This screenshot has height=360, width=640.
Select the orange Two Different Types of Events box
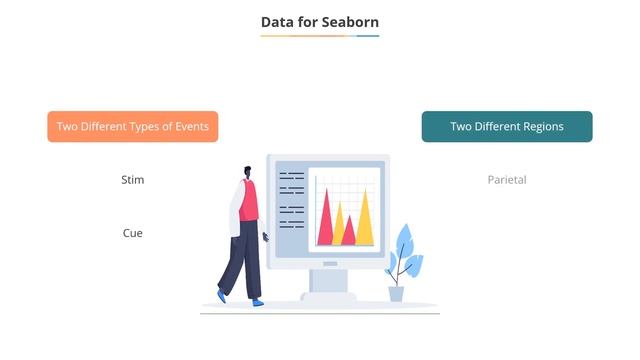(x=133, y=127)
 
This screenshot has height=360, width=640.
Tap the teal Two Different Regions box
(x=507, y=127)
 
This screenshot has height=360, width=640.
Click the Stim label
(x=133, y=180)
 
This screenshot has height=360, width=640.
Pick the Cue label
(x=133, y=233)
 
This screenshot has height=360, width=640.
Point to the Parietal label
(x=507, y=180)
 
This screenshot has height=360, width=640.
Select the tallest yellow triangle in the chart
(x=365, y=222)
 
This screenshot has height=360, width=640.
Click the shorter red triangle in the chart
(x=348, y=234)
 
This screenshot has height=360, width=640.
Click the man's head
(x=247, y=174)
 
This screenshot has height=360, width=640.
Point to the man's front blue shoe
(x=257, y=300)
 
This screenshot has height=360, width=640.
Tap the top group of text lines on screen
(x=292, y=182)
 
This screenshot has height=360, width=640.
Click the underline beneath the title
(x=320, y=36)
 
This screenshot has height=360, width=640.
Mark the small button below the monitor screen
(x=329, y=263)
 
